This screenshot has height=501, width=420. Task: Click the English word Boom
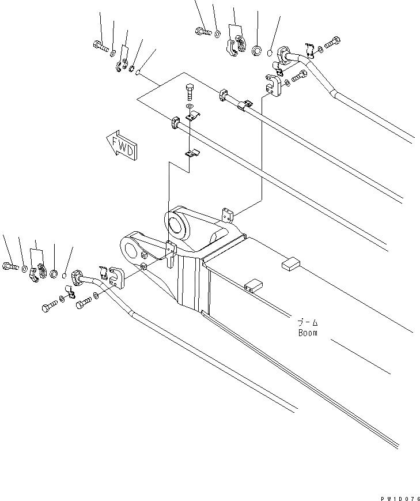[308, 333]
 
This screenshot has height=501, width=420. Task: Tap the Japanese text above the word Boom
[308, 323]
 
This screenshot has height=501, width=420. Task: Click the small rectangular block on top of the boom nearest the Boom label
[252, 286]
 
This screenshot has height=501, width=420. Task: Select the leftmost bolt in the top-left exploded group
[100, 46]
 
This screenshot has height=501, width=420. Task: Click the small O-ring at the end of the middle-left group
[65, 275]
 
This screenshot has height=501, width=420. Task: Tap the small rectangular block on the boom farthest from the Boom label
[290, 264]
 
